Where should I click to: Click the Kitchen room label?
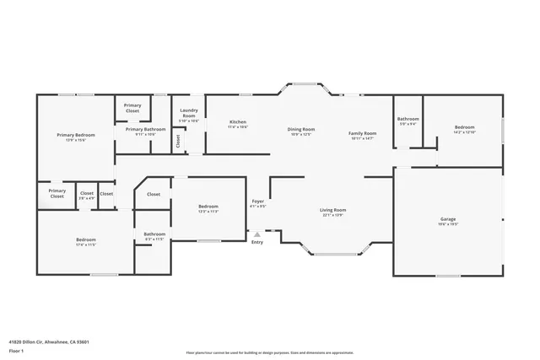coord(238,124)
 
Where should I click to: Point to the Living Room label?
coord(332,212)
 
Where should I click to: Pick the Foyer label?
coord(258,203)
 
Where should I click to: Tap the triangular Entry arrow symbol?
coord(257,234)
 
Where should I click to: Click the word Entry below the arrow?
coord(257,243)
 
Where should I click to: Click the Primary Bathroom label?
coord(145,131)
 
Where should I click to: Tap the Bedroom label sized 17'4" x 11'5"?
coord(85,241)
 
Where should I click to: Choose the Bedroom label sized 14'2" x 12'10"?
coord(464,129)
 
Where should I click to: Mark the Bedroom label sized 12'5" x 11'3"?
coord(208,208)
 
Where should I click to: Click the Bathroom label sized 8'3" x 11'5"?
coord(154,236)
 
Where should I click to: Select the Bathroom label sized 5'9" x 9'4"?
coord(408,121)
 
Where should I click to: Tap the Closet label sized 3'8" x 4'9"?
coord(87,195)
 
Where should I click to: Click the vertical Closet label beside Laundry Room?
coord(178,142)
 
